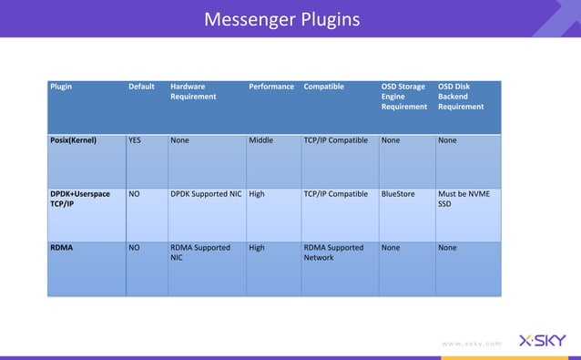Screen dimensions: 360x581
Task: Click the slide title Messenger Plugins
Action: click(x=281, y=19)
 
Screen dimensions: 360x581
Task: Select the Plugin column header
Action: click(x=62, y=87)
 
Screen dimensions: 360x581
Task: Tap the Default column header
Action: click(x=141, y=87)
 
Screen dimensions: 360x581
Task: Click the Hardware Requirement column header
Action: click(x=193, y=91)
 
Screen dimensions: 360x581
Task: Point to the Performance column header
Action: click(x=271, y=87)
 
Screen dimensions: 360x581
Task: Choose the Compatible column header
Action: click(x=324, y=87)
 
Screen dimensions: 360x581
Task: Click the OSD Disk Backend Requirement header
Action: click(x=461, y=97)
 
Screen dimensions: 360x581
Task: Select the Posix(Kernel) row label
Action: click(x=74, y=141)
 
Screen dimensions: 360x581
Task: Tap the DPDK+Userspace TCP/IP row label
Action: click(x=80, y=199)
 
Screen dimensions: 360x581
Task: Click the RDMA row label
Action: click(x=62, y=247)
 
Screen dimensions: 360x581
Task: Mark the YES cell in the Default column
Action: click(x=135, y=141)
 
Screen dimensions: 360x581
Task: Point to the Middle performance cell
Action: click(x=261, y=141)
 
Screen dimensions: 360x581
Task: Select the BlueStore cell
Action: click(x=398, y=194)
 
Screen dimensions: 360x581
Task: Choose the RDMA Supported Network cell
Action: click(x=333, y=252)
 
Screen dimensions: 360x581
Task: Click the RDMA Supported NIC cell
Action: click(x=200, y=252)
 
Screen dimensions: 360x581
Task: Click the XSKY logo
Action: click(x=542, y=341)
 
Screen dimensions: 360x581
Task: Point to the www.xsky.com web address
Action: click(x=470, y=344)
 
